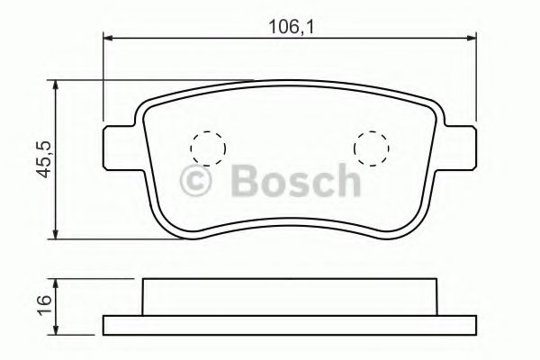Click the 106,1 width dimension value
[x=292, y=27]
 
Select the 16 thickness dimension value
[x=44, y=304]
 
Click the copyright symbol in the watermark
[x=195, y=181]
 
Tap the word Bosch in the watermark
[x=296, y=180]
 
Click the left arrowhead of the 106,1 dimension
[x=108, y=38]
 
